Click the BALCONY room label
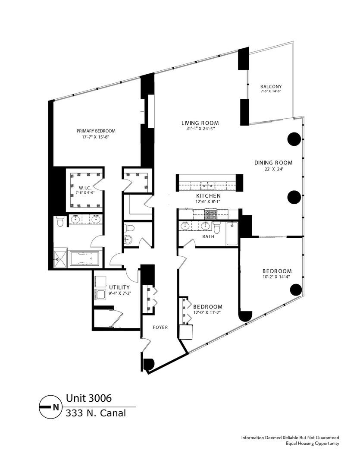271,86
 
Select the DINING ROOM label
273,163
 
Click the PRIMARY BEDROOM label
96,131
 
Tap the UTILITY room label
119,287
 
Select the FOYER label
160,327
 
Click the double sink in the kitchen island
208,186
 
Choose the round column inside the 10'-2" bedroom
295,290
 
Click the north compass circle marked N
50,406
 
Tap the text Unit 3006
85,397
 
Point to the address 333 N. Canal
96,413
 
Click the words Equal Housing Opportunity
312,443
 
